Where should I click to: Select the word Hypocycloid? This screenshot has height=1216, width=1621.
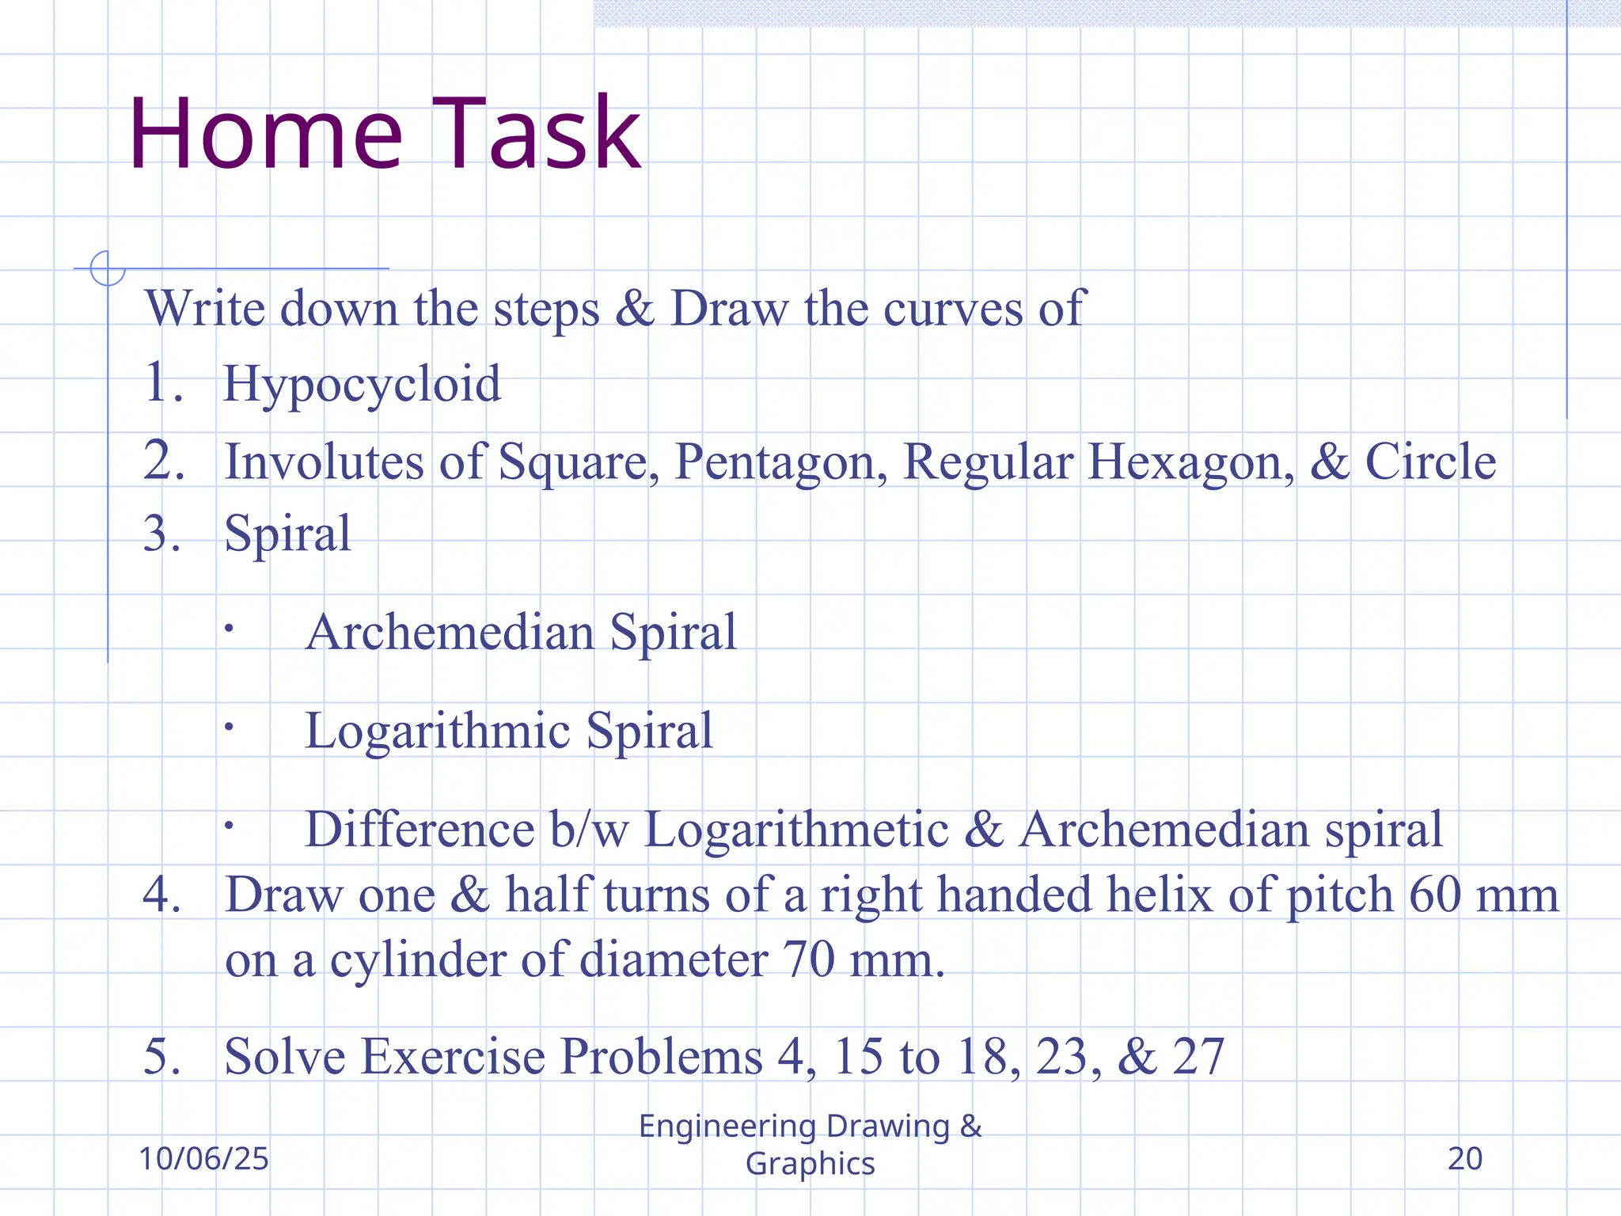click(362, 385)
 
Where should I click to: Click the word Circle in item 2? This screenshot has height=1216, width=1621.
click(1430, 461)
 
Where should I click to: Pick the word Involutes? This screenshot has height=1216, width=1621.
click(325, 461)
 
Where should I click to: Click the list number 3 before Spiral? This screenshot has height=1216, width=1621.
click(158, 534)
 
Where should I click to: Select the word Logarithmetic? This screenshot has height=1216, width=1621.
click(796, 830)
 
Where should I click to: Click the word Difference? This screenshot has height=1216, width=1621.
click(420, 830)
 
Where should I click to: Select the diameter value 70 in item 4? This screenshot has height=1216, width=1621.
click(809, 959)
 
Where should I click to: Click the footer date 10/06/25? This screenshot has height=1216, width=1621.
click(204, 1159)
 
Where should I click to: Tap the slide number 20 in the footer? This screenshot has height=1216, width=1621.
click(1464, 1159)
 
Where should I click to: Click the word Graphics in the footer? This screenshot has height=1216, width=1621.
click(810, 1164)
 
